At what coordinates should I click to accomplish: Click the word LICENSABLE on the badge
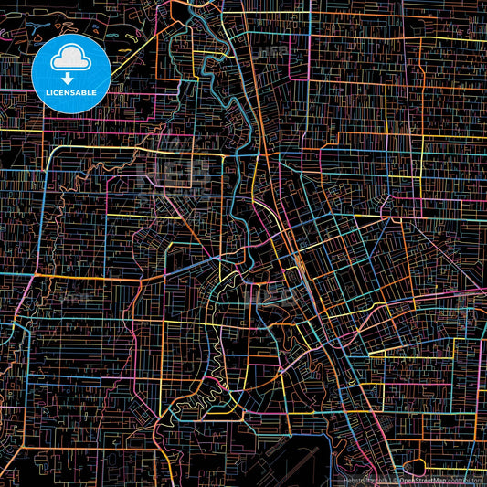[x=71, y=92]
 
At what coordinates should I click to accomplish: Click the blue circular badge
[x=71, y=73]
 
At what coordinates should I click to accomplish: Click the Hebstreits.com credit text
[x=365, y=479]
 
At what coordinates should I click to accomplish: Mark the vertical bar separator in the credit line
[x=390, y=479]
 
